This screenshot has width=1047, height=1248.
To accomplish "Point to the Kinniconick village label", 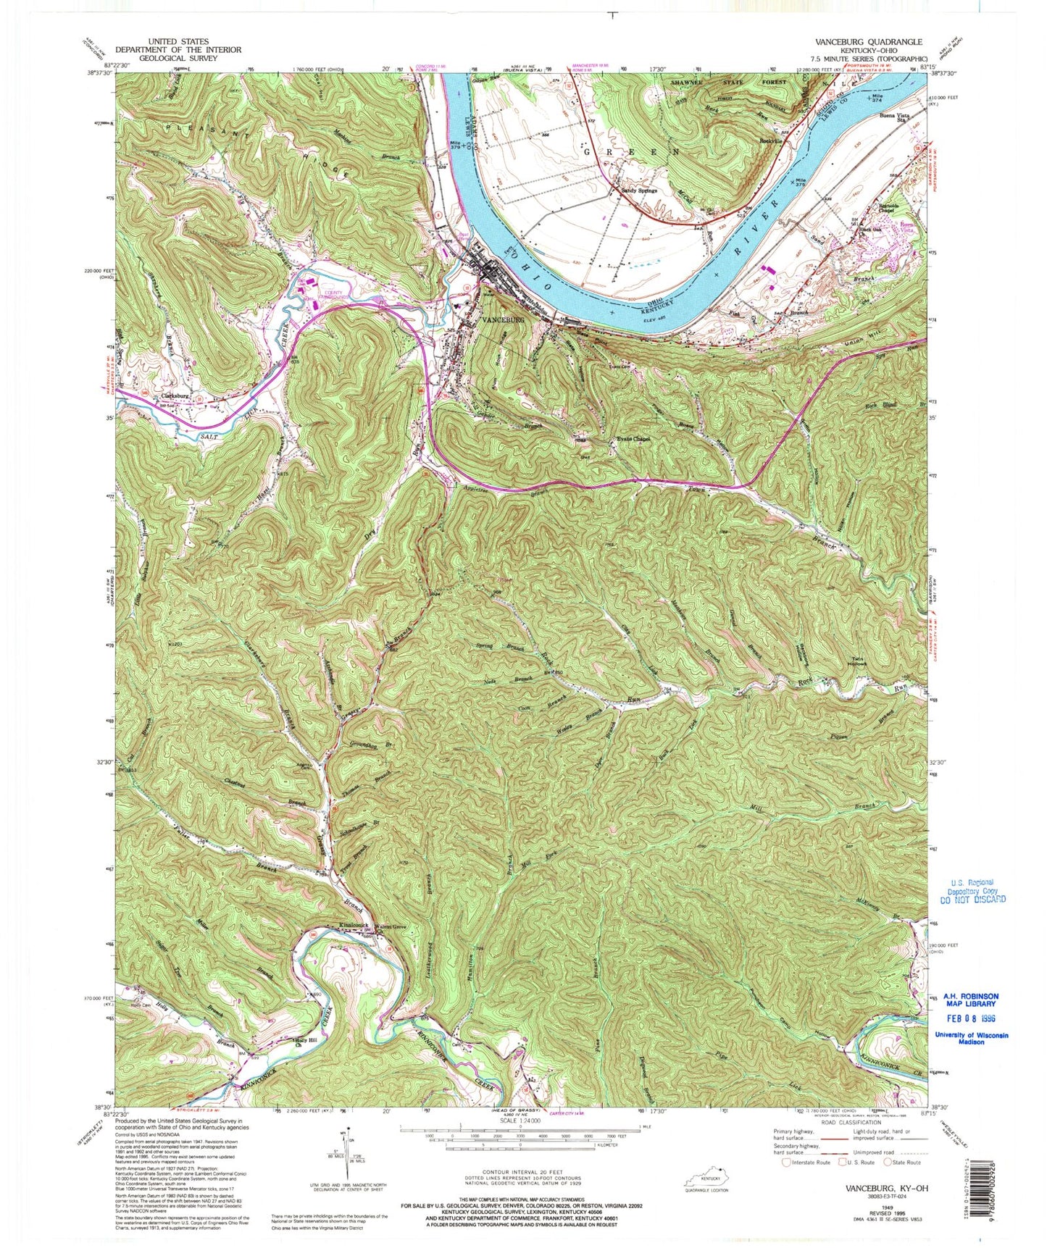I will click(351, 926).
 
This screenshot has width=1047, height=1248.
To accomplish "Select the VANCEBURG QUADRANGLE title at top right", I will click(868, 42).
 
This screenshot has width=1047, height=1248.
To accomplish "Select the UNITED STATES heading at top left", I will click(178, 41).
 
